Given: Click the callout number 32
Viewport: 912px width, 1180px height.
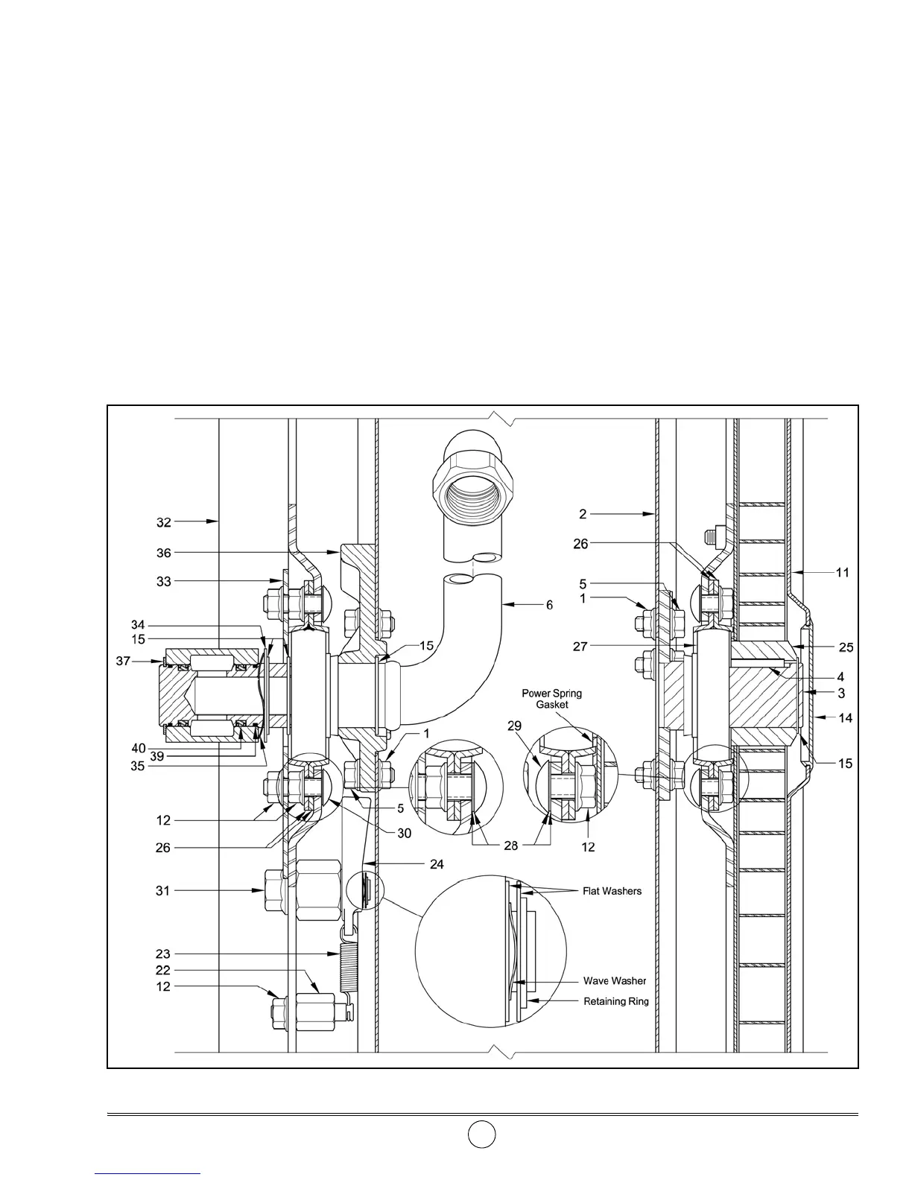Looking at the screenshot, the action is [x=163, y=523].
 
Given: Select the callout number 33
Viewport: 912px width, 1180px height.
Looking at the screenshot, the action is [x=163, y=581].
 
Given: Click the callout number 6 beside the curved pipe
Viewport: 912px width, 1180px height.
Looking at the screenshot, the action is [x=549, y=605].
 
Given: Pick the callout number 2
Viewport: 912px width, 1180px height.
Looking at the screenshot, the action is [x=583, y=513].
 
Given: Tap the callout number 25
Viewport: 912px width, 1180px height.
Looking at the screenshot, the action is [x=846, y=647].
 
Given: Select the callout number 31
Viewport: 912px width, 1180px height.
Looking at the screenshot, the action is [x=163, y=890].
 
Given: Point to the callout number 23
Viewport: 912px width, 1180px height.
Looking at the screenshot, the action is [x=163, y=954].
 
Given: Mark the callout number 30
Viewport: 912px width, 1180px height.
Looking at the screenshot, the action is [x=404, y=834].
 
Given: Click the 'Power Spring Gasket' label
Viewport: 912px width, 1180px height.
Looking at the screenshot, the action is [x=551, y=699].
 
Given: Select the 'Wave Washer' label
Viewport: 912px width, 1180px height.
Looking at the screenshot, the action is [x=615, y=981].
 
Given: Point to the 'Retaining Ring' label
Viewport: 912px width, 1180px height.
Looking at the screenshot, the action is [x=615, y=1001].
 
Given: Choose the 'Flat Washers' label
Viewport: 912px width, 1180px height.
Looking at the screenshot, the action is [x=612, y=891].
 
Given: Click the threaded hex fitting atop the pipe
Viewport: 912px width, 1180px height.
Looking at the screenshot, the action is [x=472, y=473].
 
